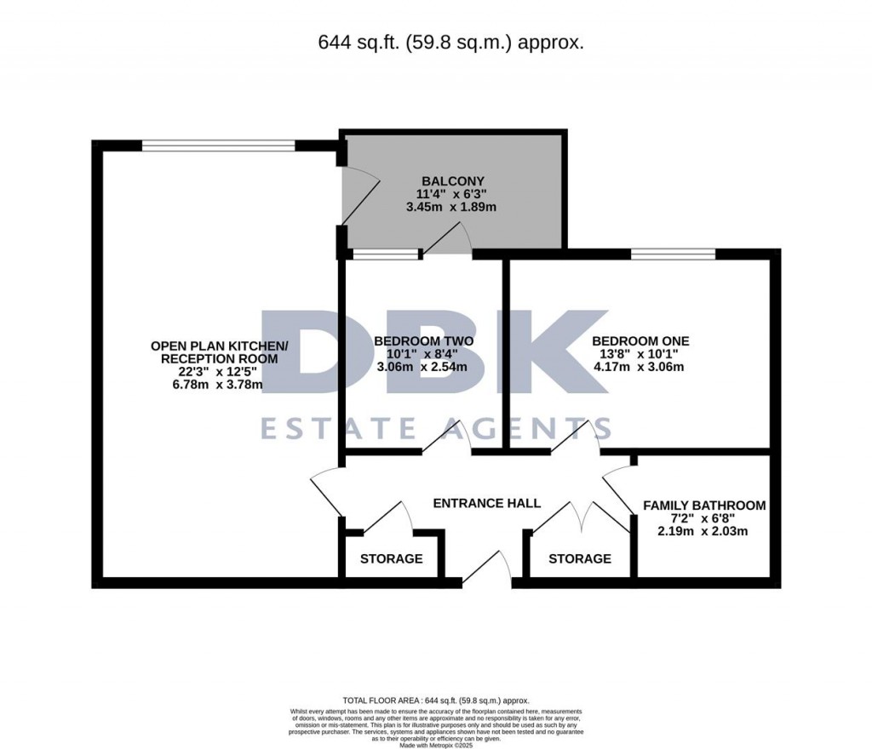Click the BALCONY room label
(x=453, y=180)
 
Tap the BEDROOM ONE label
(x=640, y=341)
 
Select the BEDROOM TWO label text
(x=423, y=341)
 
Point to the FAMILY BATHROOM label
(x=703, y=506)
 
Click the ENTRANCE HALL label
(x=486, y=503)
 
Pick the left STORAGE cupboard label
(x=391, y=559)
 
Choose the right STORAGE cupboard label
(x=579, y=559)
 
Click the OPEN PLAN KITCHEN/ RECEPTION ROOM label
(x=220, y=352)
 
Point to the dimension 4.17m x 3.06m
(x=640, y=368)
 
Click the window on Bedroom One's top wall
(x=673, y=254)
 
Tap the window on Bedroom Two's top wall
(x=386, y=254)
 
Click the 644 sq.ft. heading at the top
(x=450, y=42)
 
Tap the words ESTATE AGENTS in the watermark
(x=435, y=427)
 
